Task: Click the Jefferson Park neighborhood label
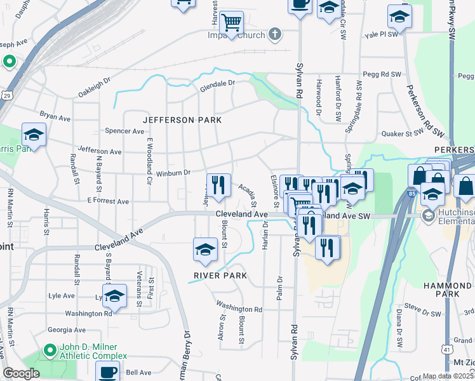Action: [x=182, y=120]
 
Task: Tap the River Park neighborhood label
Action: [x=221, y=276]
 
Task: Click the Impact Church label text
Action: [x=236, y=35]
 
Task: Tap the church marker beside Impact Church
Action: [x=275, y=34]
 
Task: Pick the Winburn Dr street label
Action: [x=173, y=172]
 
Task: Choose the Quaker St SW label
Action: [x=401, y=133]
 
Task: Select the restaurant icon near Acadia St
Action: [x=218, y=185]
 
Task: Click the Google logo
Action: [x=22, y=373]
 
